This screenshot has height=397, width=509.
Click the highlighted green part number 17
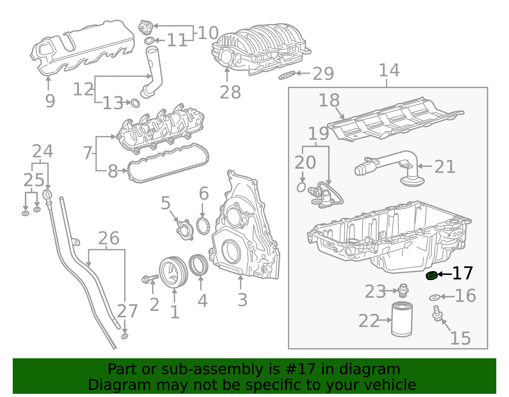[431, 276]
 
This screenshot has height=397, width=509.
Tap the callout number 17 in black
[463, 273]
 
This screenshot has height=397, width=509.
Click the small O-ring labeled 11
[149, 41]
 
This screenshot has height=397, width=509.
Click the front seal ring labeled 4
[199, 265]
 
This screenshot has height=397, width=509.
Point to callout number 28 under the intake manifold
[230, 92]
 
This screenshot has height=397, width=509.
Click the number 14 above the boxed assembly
[389, 71]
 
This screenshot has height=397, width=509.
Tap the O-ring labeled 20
[301, 187]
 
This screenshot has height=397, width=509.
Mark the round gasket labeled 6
[203, 226]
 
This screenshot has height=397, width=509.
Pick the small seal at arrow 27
[125, 336]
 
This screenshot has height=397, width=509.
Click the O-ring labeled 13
[136, 103]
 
